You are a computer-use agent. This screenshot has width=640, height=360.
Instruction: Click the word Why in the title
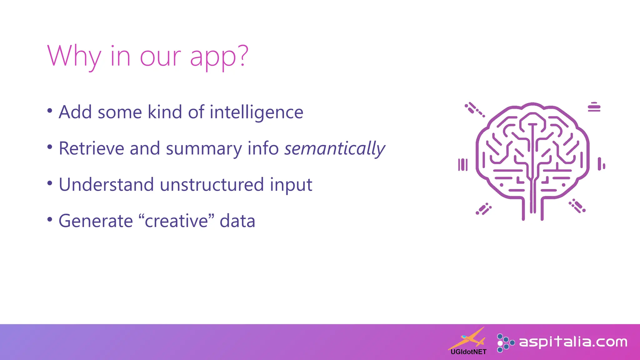coord(74,57)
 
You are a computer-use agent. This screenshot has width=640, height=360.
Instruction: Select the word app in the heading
coord(213,58)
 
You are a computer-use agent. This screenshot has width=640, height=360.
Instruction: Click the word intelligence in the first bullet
coord(256,112)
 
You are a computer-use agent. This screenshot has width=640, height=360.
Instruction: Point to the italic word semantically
coord(334,148)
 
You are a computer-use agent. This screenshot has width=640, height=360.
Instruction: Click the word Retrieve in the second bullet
coord(91,148)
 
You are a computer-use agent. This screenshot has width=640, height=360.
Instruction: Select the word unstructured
coord(212,185)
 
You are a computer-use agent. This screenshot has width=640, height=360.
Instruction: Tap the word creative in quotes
coord(177,221)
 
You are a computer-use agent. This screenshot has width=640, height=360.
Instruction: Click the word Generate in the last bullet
coord(96,221)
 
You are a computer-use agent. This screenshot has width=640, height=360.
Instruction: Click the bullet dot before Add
coord(50,111)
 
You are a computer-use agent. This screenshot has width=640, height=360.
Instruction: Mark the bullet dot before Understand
coord(50,183)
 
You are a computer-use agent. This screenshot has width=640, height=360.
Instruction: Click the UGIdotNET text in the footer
coord(468,352)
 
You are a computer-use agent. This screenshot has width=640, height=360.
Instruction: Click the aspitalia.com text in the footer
coord(573,342)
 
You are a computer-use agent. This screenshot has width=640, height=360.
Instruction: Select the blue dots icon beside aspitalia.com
coord(505,343)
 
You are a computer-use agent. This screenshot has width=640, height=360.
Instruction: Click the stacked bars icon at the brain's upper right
coord(594,107)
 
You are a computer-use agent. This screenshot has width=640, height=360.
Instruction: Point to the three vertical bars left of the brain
coord(463,165)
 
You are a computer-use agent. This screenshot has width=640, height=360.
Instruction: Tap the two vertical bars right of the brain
coord(601,164)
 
